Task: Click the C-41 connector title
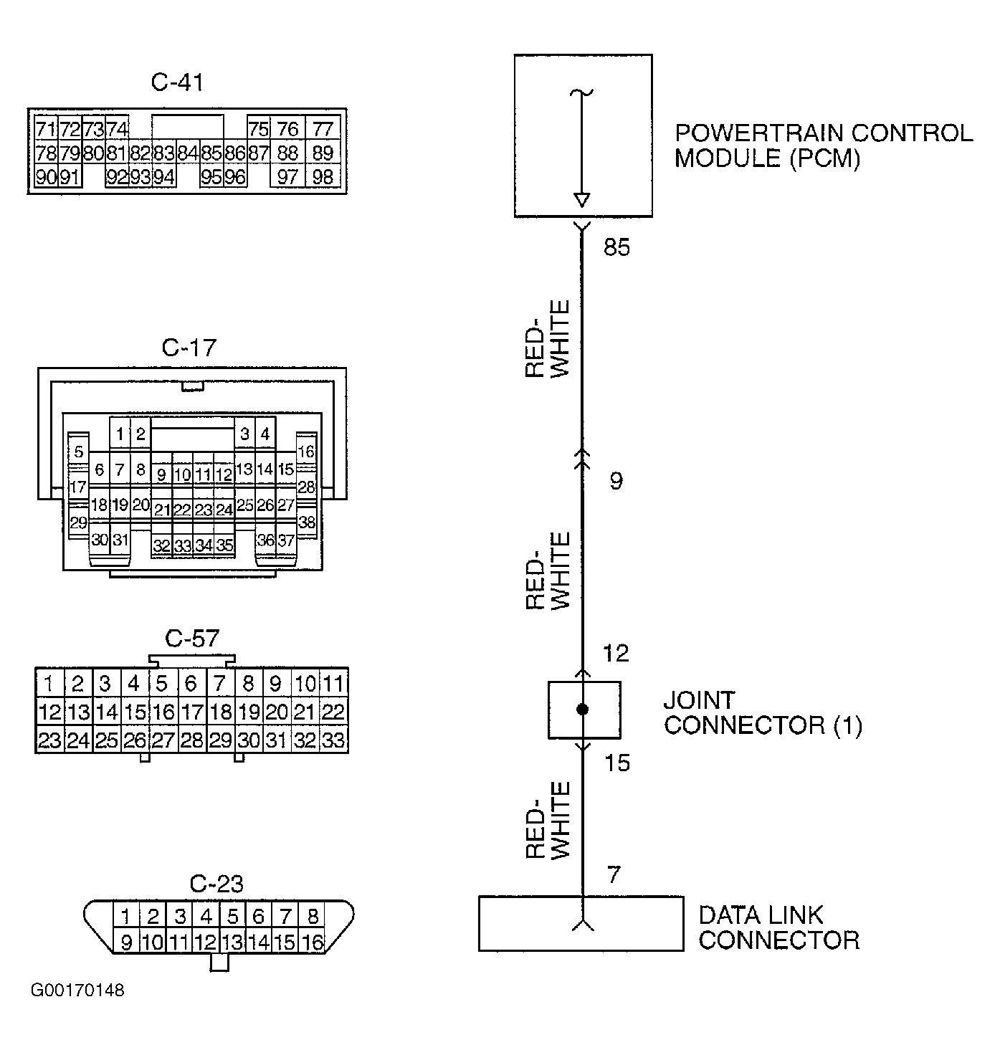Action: point(177,82)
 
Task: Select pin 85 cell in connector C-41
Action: point(211,153)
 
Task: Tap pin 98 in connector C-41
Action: point(323,177)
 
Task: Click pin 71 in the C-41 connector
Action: point(46,129)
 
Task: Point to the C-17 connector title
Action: point(189,348)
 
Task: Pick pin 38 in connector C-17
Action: point(307,522)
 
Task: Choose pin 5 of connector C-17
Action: point(79,452)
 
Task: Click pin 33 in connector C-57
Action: point(334,740)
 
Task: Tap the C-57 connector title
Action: point(192,639)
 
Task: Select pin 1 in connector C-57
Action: point(49,683)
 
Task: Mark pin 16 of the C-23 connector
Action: point(313,942)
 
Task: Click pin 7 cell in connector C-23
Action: point(285,917)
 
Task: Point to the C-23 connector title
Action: point(216,884)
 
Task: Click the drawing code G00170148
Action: point(77,991)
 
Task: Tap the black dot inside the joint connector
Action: point(583,710)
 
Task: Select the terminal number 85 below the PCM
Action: point(617,247)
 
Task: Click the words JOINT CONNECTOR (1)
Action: point(763,712)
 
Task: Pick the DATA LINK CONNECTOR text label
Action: point(778,927)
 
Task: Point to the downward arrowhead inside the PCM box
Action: point(582,200)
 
